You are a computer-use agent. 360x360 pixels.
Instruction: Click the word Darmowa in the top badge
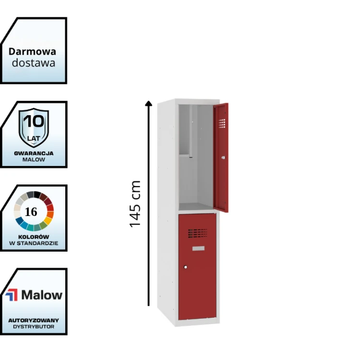(32, 51)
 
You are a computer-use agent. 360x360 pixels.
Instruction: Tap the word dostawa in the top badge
(33, 62)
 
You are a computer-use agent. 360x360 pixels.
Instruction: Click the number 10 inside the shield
(34, 120)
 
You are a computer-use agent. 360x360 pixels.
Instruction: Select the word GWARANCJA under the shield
(34, 153)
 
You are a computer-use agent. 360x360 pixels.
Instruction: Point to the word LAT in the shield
(34, 138)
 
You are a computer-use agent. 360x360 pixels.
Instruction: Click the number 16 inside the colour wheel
(31, 212)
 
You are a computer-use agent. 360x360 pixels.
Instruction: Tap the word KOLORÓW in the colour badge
(34, 237)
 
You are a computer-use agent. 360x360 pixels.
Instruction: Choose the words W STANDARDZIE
(34, 243)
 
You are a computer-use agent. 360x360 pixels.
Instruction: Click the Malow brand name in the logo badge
(41, 295)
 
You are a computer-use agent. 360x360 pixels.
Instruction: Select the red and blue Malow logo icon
(12, 295)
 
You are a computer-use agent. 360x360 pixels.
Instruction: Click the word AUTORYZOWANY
(34, 320)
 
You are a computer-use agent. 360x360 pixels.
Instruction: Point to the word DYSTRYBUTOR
(34, 327)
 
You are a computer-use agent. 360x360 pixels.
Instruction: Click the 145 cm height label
(135, 204)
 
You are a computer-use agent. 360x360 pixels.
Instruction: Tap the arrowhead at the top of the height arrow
(149, 103)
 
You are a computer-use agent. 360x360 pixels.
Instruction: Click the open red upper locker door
(221, 158)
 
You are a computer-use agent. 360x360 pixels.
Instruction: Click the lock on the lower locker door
(185, 267)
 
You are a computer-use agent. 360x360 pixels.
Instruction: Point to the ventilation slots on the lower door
(197, 233)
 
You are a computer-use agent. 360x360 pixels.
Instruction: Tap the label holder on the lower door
(198, 248)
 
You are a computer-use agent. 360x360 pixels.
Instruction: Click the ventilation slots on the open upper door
(221, 123)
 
